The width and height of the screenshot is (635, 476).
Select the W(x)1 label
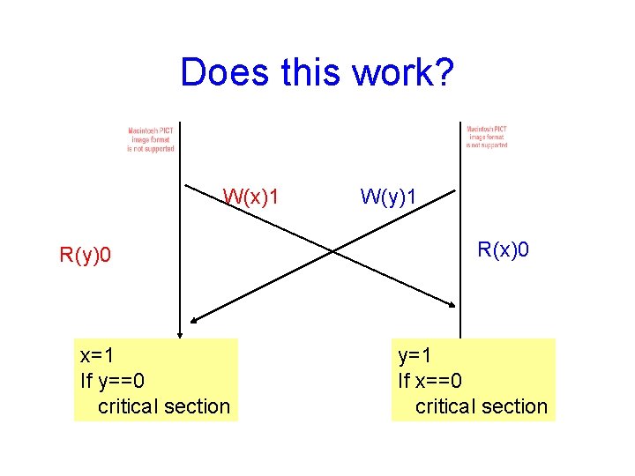(251, 196)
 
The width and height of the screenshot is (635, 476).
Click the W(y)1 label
(389, 196)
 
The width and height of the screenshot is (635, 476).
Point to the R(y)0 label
(85, 256)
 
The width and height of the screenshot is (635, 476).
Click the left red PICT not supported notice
(151, 139)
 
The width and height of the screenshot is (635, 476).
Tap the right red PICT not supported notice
(487, 137)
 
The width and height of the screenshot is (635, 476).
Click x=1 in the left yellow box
(97, 356)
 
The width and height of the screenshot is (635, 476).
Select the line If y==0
(112, 381)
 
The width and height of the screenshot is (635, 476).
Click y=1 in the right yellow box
(415, 356)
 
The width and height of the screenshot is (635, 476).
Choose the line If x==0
(430, 381)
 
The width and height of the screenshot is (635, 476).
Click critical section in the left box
(163, 406)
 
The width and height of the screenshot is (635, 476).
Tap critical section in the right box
(481, 406)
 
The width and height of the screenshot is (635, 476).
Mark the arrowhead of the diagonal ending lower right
(452, 305)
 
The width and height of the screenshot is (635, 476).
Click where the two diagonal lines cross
(332, 251)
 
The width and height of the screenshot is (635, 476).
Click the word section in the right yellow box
(515, 406)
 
